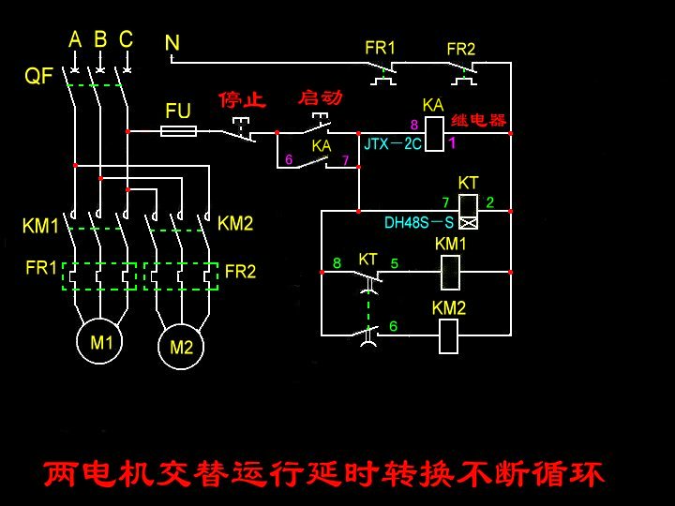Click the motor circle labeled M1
pos(101,341)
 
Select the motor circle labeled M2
pos(181,347)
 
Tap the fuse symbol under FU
pos(178,132)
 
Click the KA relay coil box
pos(433,134)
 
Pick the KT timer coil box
pos(469,211)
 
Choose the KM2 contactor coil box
pos(449,335)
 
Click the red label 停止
pos(243,99)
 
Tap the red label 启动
pos(320,97)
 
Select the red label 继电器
pos(478,120)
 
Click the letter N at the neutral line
pos(172,42)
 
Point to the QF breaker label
pos(38,77)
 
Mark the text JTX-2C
pos(393,144)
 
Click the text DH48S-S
pos(419,223)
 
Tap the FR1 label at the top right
pos(380,48)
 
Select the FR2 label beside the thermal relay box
pos(240,272)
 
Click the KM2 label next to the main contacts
pos(235,223)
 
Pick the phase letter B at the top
pos(99,39)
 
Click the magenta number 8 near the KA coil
pos(413,125)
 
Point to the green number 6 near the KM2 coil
pos(393,326)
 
